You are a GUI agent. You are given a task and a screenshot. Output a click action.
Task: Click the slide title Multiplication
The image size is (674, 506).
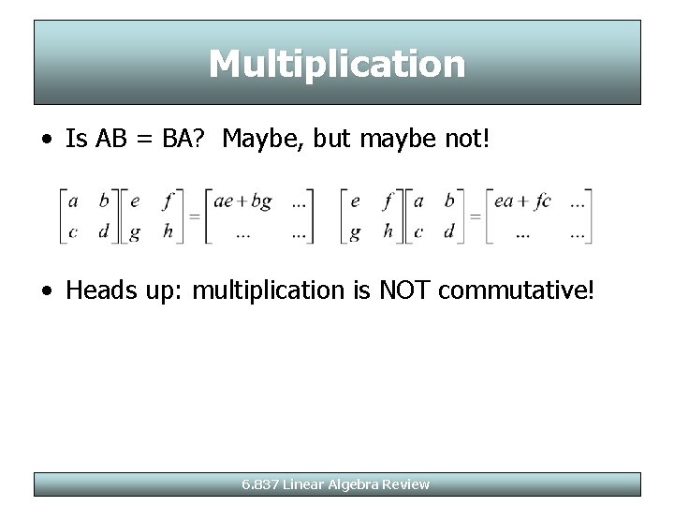337,64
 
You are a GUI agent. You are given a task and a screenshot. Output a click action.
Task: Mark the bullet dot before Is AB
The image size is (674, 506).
46,141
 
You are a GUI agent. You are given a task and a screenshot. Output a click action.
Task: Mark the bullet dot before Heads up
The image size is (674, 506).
46,291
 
